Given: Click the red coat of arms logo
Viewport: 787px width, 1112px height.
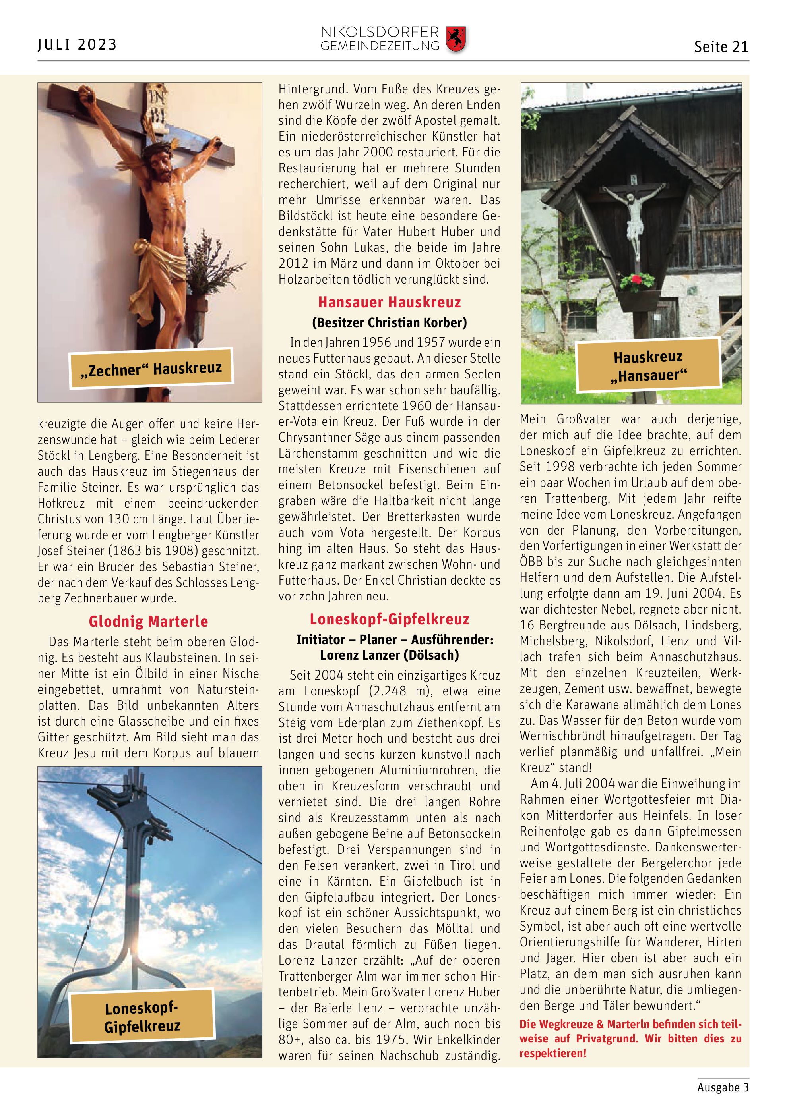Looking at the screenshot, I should [456, 39].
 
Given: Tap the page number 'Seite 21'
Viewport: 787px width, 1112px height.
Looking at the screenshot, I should [721, 47].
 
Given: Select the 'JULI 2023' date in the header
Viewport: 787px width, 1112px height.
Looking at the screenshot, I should [78, 45].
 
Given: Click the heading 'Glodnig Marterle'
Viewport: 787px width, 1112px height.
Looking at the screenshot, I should [148, 622].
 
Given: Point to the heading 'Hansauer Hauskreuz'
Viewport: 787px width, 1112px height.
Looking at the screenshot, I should [390, 302].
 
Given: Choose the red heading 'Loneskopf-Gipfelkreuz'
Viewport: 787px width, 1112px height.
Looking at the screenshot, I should [390, 619].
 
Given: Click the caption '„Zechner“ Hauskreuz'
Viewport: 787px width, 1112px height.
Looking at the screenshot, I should [151, 369].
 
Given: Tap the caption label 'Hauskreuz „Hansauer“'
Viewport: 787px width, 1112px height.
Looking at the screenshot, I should [648, 366].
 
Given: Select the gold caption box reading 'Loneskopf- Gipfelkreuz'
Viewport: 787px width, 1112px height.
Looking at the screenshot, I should [142, 1017].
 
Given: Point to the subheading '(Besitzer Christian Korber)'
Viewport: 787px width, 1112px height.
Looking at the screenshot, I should [390, 322].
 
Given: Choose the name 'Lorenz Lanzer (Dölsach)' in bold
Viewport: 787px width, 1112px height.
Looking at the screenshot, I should [390, 655].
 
